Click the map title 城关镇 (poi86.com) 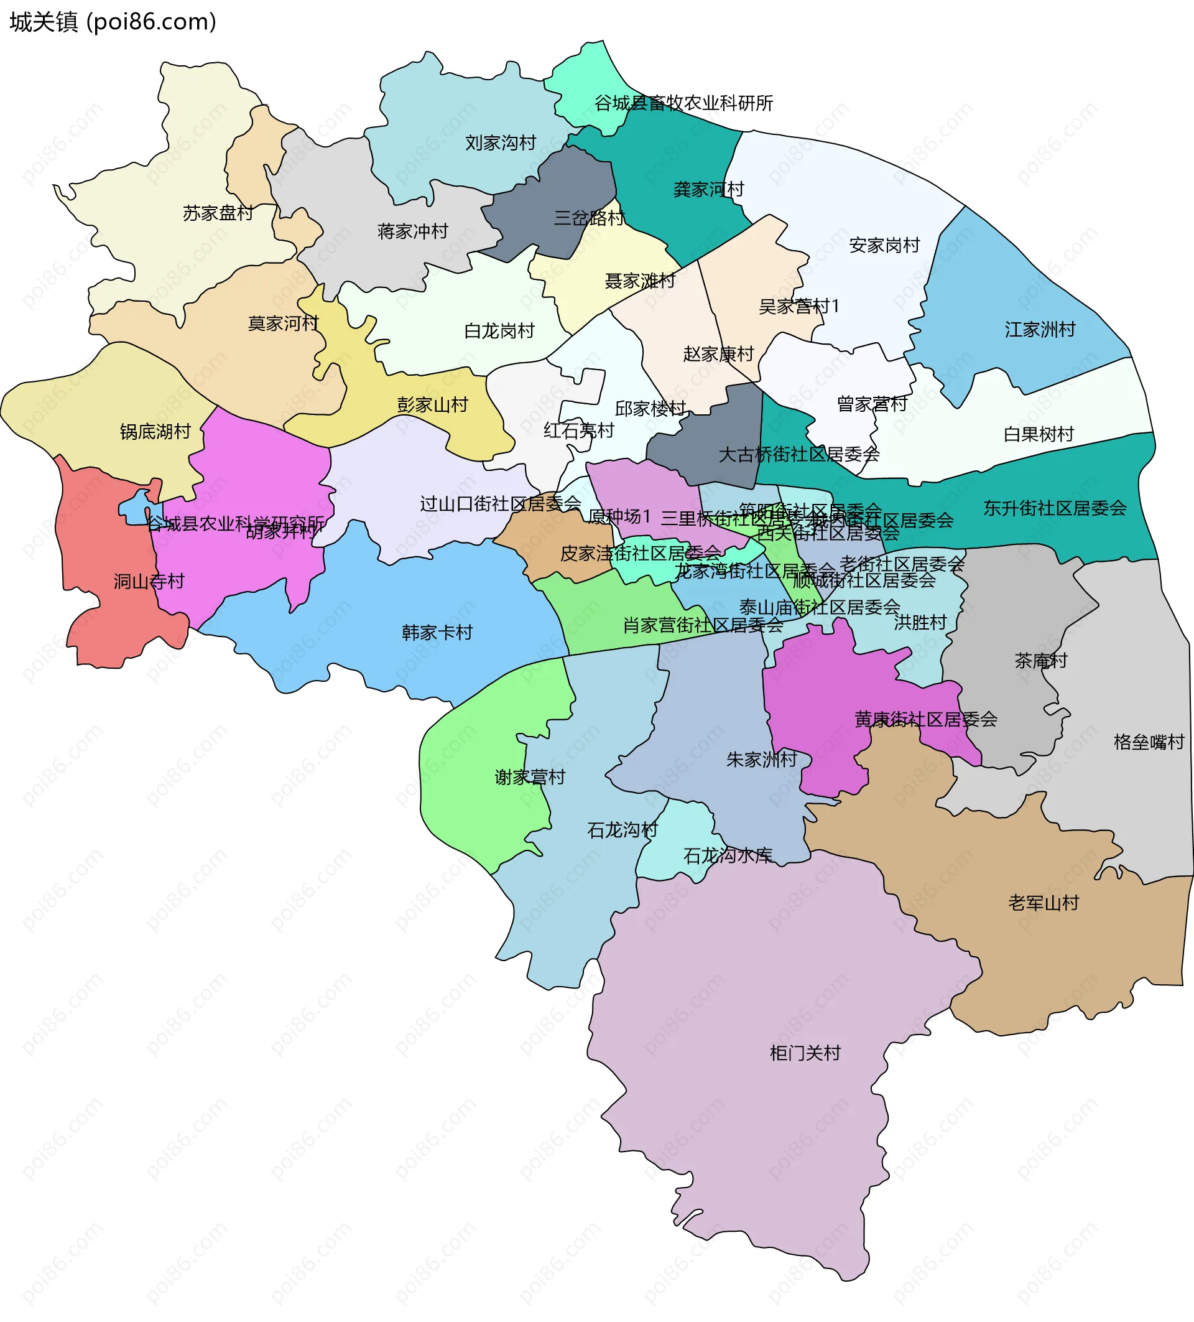(113, 22)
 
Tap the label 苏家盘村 (218, 213)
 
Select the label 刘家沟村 (501, 143)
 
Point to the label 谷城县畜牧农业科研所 (683, 103)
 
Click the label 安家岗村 (885, 245)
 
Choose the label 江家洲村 (1040, 329)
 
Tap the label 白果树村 (1039, 434)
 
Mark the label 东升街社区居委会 (1055, 508)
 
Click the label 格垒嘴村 (1149, 742)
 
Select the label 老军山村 (1044, 903)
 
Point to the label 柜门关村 (805, 1053)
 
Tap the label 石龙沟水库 (728, 855)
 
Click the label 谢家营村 (529, 777)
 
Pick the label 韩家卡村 (437, 632)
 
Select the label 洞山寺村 (149, 581)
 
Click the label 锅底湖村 (155, 432)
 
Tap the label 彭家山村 (432, 404)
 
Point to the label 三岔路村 (589, 218)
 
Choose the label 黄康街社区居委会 (925, 719)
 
